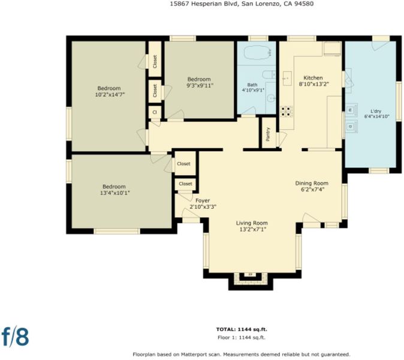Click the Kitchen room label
point(313,78)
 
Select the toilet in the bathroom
point(269,75)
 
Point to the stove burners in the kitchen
point(287,112)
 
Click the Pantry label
point(268,134)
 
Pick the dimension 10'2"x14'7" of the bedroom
point(110,95)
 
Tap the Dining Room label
point(312,184)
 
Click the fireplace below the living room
point(251,278)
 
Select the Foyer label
point(203,200)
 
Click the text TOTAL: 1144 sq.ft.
point(242,329)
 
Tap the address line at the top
point(242,4)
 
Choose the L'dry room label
point(376,112)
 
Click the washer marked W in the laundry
point(351,110)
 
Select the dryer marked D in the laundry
point(351,127)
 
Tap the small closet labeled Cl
point(155,112)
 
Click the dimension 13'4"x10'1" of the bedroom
point(115,193)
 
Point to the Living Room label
point(252,223)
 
